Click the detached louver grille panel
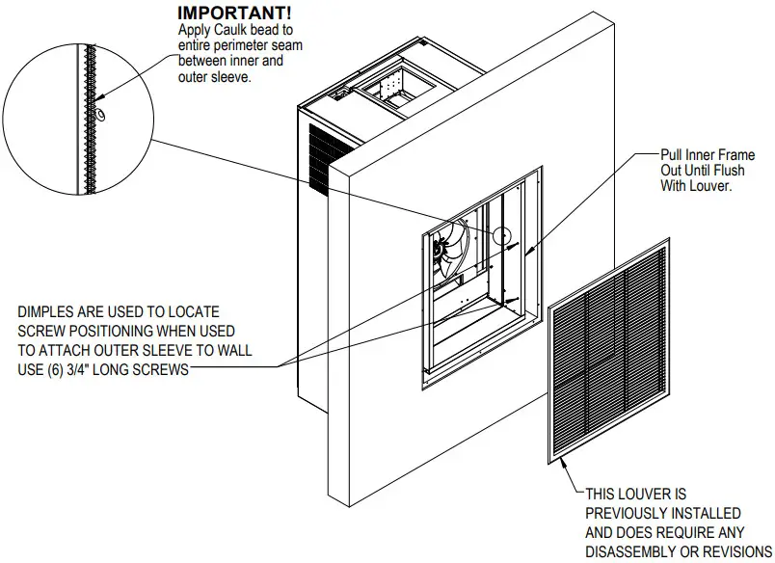point(613,352)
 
